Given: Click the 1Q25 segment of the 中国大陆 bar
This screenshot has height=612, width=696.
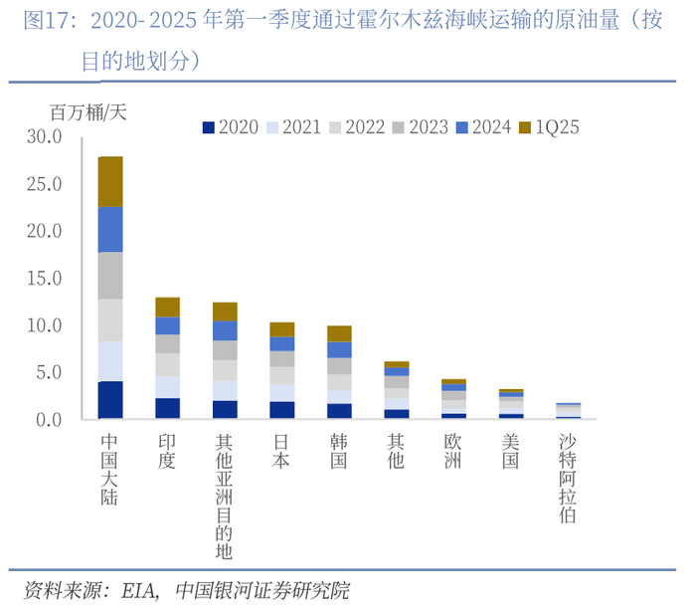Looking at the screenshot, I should point(110,181).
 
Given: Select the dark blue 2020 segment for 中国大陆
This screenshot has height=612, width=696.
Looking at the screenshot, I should point(110,400).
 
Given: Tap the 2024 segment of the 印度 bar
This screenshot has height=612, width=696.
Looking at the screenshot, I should point(168,325).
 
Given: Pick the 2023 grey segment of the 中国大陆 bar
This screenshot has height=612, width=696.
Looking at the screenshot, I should point(110,276).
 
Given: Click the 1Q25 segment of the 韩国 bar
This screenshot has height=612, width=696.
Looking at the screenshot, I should point(340,333).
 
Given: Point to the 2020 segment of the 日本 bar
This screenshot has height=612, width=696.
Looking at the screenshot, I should point(282,410).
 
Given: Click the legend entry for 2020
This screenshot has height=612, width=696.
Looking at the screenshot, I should point(230,126).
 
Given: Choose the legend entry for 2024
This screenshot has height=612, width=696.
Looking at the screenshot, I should point(483,126).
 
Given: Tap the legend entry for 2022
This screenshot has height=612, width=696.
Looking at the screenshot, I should point(356,126).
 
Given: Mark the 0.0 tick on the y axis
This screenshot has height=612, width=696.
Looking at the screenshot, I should point(48,420).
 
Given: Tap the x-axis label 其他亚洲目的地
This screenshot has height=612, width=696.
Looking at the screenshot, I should point(225,496).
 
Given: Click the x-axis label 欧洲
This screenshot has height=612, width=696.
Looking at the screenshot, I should point(454,451).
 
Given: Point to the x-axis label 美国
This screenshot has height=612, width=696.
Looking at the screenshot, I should point(511,451).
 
